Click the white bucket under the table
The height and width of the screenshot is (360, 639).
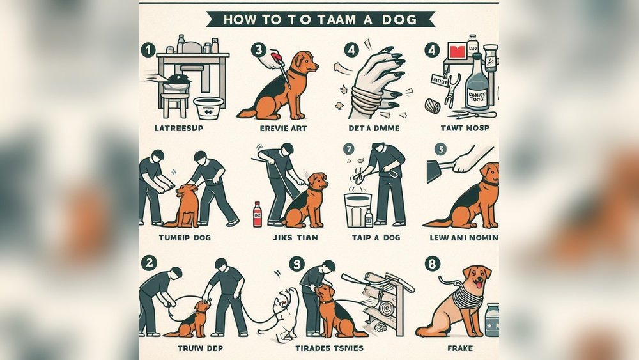click(x=208, y=107)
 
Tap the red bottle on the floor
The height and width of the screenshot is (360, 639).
click(x=257, y=214)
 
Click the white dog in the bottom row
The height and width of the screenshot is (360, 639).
click(x=285, y=313)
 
